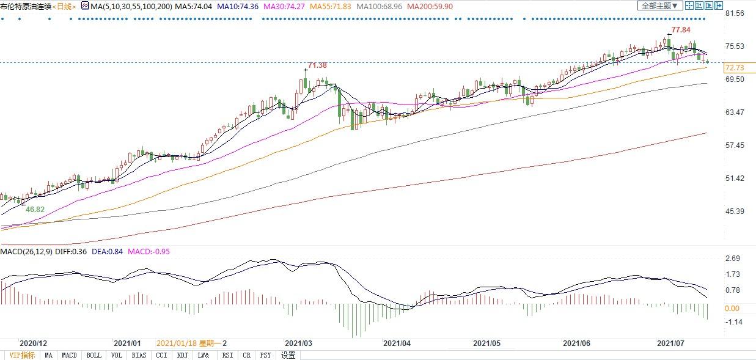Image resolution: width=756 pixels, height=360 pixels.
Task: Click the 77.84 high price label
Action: point(681,30)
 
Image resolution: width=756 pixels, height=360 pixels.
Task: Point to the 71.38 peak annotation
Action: point(317,65)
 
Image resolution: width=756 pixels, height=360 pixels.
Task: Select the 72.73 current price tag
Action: point(733,67)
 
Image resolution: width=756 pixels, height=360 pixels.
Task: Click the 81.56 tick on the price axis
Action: point(733,13)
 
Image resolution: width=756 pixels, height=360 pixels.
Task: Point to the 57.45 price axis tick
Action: point(733,145)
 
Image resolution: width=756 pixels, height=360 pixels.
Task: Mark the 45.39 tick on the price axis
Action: point(733,211)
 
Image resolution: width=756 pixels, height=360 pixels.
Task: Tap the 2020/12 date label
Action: point(34,343)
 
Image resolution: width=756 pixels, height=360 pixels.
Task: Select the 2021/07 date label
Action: point(670,343)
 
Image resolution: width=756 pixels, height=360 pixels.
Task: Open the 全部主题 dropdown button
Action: point(659,6)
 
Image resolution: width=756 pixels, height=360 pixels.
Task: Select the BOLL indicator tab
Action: point(94,355)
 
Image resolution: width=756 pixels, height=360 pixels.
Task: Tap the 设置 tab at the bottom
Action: point(288,355)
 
